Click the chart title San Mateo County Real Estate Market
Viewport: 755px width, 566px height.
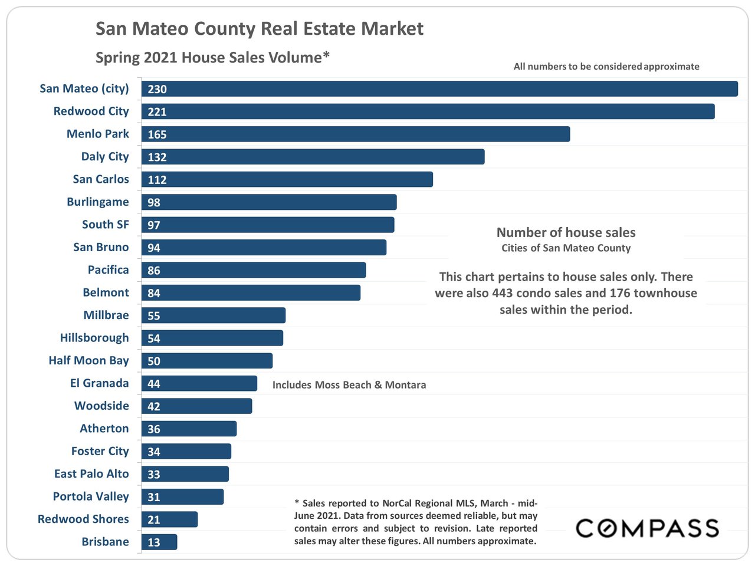[x=260, y=29]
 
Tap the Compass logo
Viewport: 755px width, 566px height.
[x=647, y=528]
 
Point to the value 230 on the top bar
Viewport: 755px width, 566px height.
[x=157, y=89]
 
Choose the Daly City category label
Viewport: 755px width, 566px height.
[x=105, y=156]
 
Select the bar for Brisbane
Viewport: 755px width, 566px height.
[x=159, y=542]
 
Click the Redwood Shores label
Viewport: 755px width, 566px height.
[x=83, y=519]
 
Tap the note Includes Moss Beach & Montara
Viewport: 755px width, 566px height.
[x=349, y=385]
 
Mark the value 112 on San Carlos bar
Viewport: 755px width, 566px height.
[x=157, y=180]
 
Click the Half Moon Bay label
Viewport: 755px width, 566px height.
[x=88, y=360]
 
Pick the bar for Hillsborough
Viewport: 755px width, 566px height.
[x=212, y=338]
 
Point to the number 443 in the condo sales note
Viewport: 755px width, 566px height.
[x=502, y=293]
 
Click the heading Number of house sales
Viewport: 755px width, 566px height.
[x=566, y=232]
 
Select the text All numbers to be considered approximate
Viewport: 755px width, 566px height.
[x=606, y=67]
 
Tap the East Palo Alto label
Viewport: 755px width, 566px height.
[x=91, y=473]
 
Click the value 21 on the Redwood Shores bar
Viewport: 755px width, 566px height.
[x=154, y=519]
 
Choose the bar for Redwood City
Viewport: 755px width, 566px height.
[x=428, y=111]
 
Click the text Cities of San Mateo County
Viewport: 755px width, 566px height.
[x=566, y=248]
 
